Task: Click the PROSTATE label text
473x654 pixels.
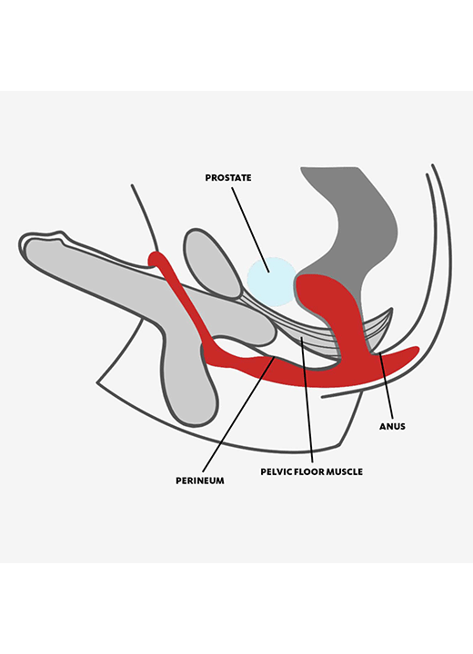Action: [228, 178]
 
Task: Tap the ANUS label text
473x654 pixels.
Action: [392, 427]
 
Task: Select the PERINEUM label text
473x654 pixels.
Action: [200, 481]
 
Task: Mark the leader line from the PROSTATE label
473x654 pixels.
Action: [250, 230]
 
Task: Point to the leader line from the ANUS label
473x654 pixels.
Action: [386, 387]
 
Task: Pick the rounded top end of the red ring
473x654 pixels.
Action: [156, 258]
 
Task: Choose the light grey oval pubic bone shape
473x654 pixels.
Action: [211, 263]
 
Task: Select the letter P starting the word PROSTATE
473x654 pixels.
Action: [207, 178]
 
